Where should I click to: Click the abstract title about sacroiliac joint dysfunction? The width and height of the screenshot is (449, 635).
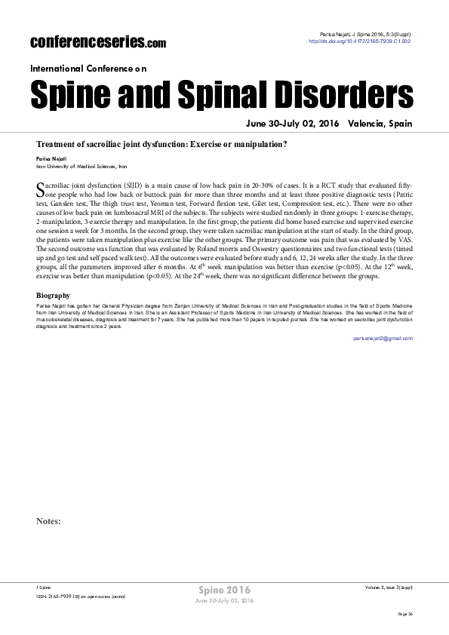pyautogui.click(x=161, y=143)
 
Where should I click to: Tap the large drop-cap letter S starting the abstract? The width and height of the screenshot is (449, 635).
pyautogui.click(x=41, y=189)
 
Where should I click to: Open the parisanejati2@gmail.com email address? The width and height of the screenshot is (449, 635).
pyautogui.click(x=383, y=339)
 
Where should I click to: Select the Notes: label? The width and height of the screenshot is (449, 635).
pyautogui.click(x=48, y=521)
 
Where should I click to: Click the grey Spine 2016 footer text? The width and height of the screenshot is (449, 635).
pyautogui.click(x=224, y=589)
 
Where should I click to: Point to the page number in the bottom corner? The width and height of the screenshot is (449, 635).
pyautogui.click(x=405, y=615)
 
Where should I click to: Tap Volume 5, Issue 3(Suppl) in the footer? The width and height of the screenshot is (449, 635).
pyautogui.click(x=388, y=586)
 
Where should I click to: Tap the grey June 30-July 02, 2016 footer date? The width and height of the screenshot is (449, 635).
pyautogui.click(x=224, y=600)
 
